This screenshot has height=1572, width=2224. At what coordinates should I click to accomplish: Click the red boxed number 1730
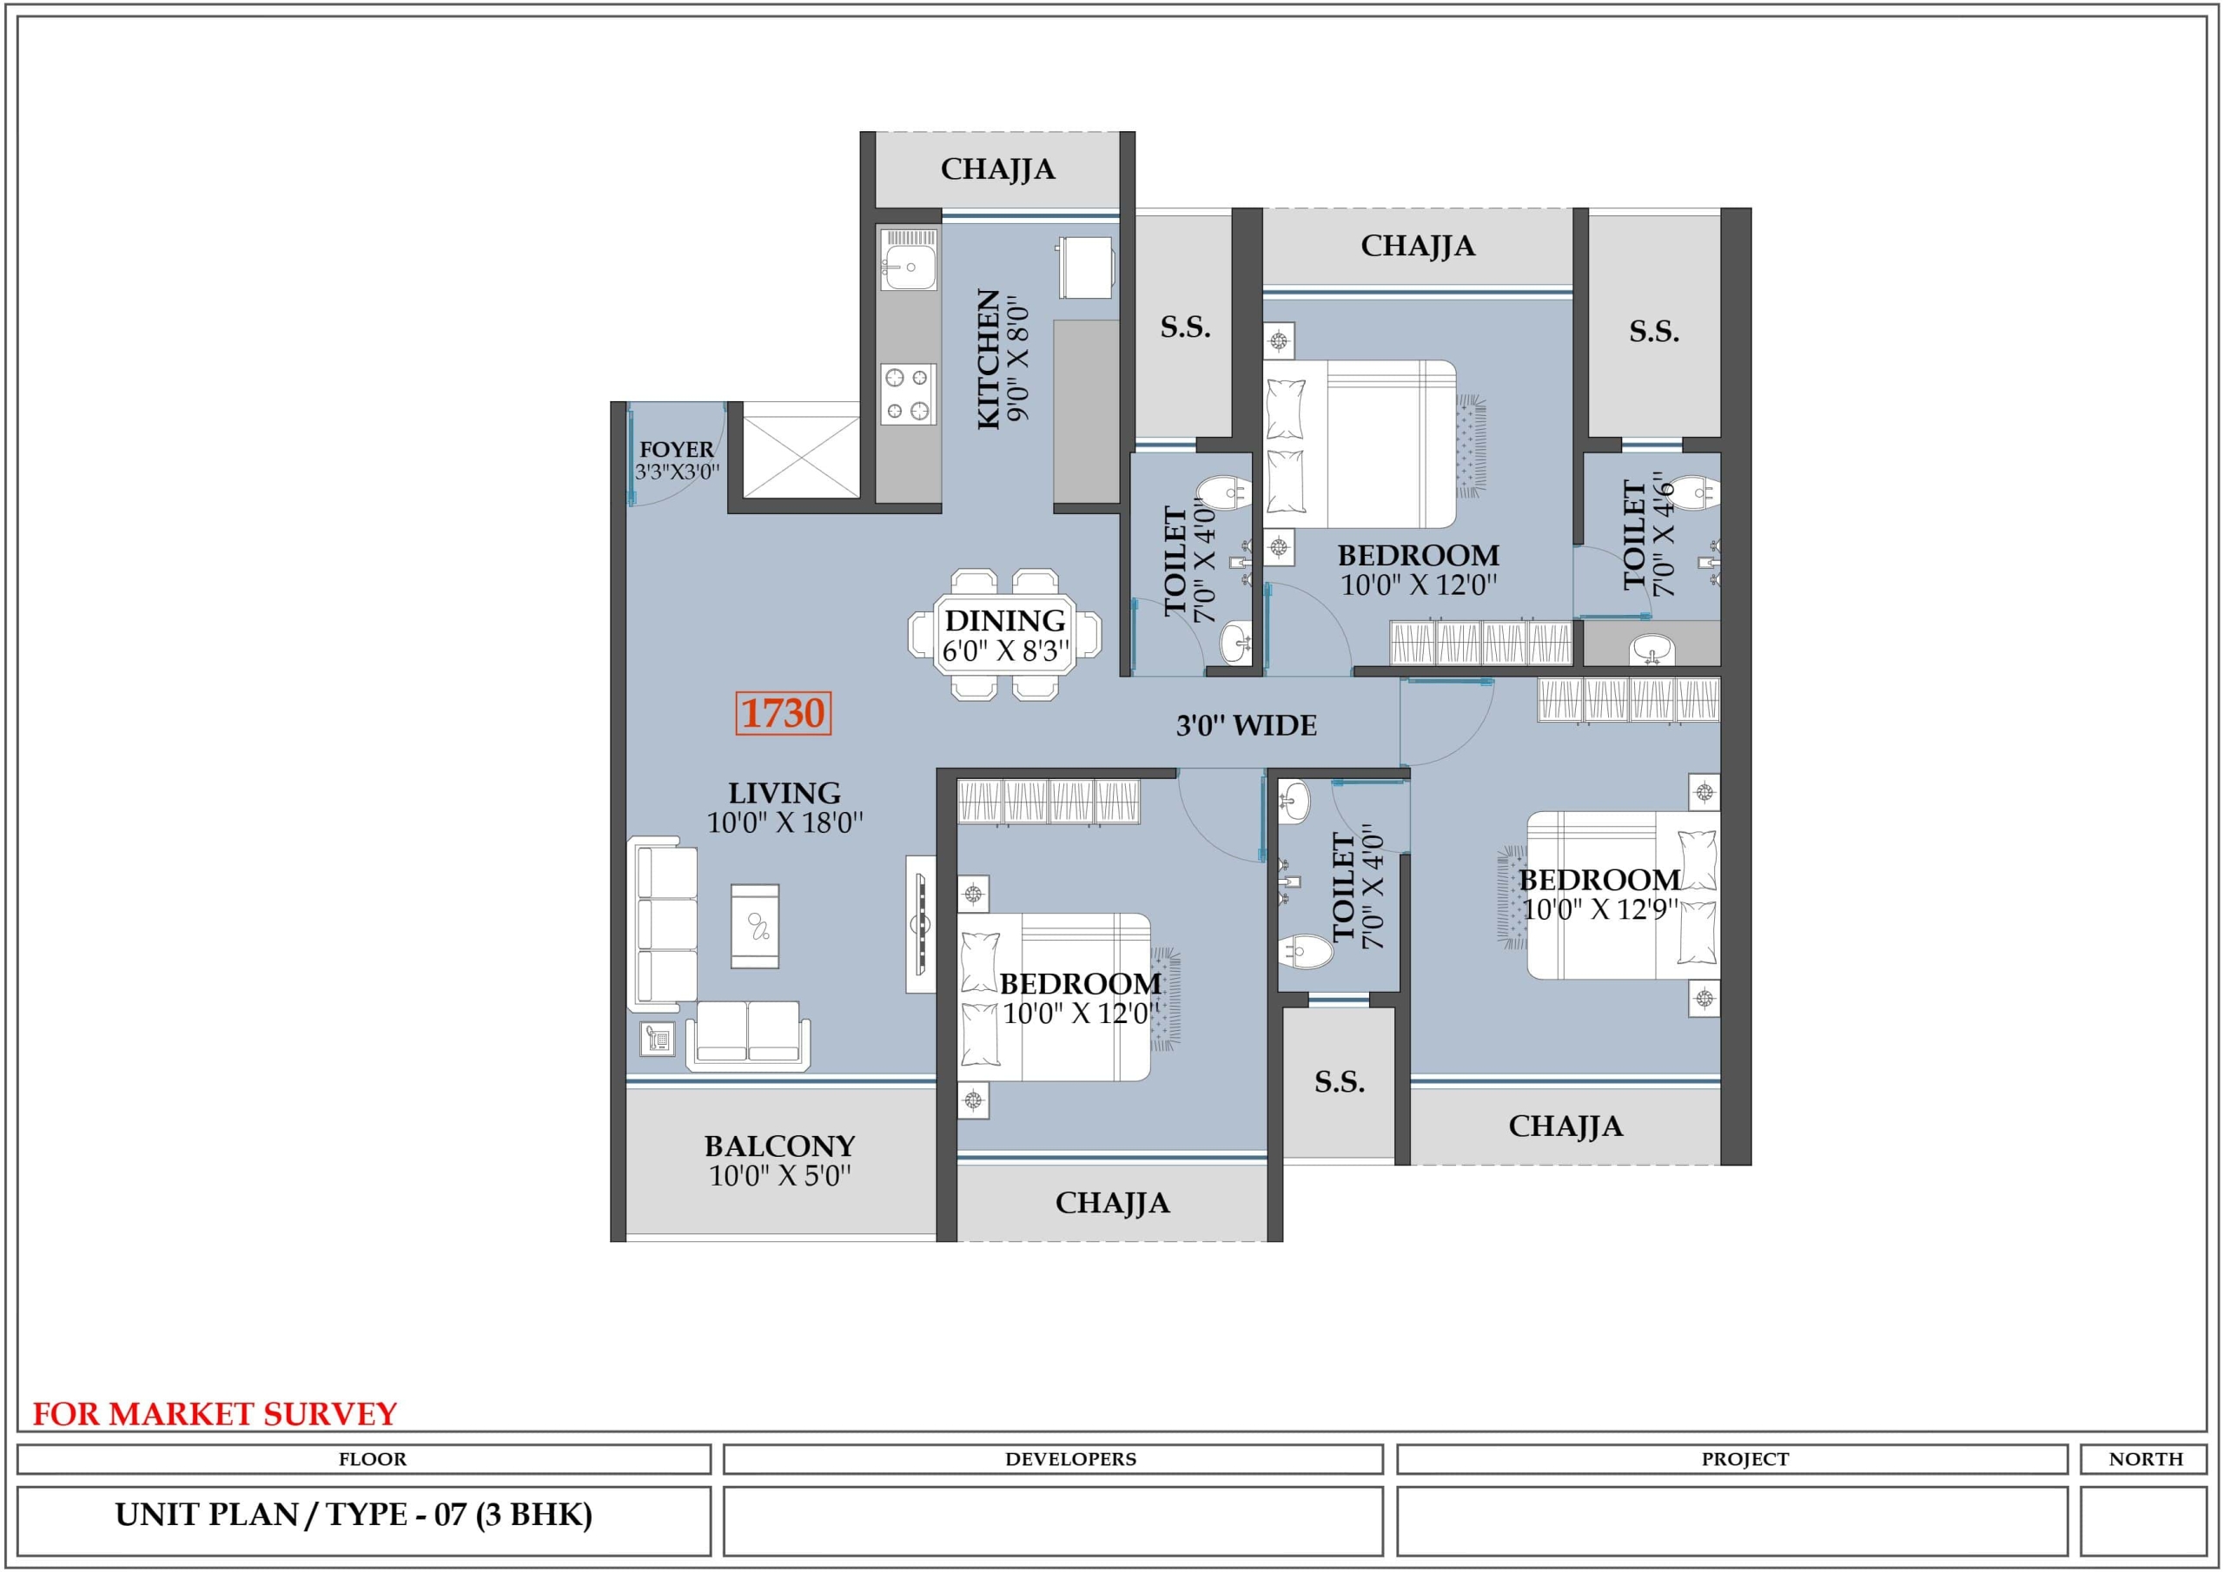tap(783, 713)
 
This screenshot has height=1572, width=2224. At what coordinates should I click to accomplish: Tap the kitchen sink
tap(908, 259)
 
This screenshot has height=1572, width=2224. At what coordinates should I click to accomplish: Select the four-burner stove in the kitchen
tap(908, 394)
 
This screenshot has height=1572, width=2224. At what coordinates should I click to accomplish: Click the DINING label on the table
tap(1004, 620)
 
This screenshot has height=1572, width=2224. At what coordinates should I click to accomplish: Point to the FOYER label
tap(676, 449)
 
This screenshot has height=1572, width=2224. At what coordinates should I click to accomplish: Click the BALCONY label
tap(780, 1146)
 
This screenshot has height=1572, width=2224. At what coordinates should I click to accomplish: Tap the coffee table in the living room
tap(756, 925)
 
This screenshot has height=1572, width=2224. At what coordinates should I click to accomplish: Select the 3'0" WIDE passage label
tap(1246, 725)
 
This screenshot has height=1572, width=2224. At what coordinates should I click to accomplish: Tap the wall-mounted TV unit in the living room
tap(921, 923)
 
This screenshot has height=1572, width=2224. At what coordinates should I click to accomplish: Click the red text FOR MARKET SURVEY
tap(215, 1414)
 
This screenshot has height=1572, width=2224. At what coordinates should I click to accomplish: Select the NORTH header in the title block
tap(2146, 1459)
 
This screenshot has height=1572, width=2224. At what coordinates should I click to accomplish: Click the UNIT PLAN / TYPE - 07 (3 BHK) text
tap(354, 1515)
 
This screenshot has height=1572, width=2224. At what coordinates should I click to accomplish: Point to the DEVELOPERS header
tap(1070, 1459)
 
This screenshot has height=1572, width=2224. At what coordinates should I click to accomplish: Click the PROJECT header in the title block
tap(1744, 1459)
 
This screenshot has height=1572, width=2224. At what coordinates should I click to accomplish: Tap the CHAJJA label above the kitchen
tap(997, 169)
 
